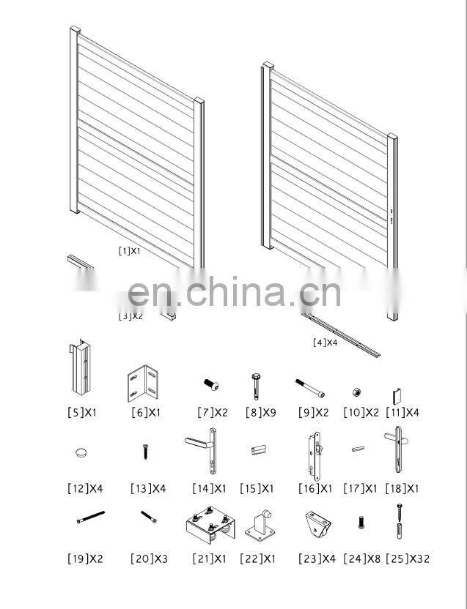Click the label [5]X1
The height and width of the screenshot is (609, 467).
click(x=81, y=412)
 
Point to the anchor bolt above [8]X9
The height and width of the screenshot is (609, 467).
click(x=253, y=382)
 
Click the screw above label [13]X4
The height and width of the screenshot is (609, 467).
click(x=145, y=452)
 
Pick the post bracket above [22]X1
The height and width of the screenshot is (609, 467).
click(x=261, y=526)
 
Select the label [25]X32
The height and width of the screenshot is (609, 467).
click(x=408, y=558)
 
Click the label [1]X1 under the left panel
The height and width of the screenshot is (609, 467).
click(x=129, y=250)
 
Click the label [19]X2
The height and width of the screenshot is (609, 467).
click(x=86, y=558)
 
